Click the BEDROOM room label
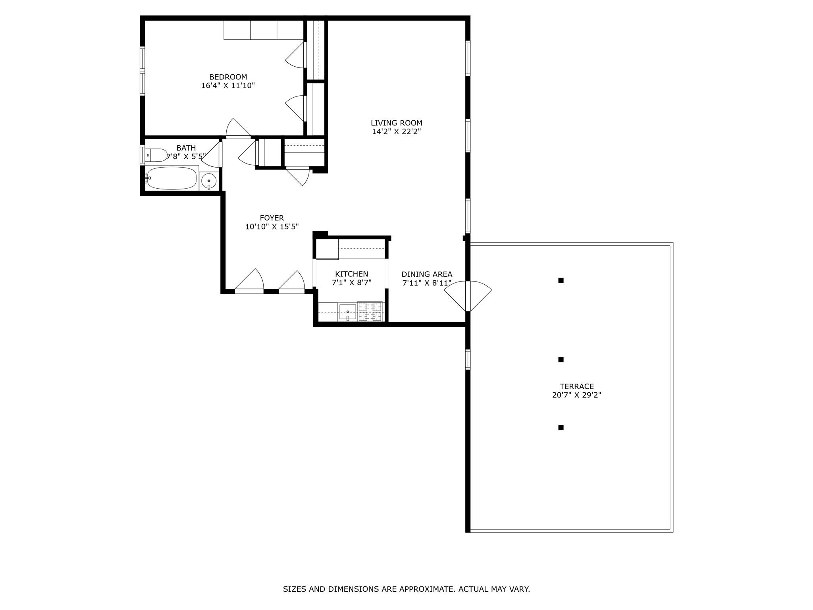(228, 77)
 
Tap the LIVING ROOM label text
(397, 123)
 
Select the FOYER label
(272, 218)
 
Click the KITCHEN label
(352, 274)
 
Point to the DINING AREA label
(427, 274)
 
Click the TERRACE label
(577, 386)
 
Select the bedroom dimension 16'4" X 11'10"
(228, 85)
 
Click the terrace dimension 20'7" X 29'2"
(577, 395)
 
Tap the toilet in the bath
(156, 155)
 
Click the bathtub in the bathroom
(171, 178)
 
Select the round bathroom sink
(209, 181)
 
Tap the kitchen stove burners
(370, 311)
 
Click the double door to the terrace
(468, 296)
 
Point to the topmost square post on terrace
(561, 280)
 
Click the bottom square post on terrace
(561, 427)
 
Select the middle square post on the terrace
(561, 360)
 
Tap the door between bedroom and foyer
(238, 128)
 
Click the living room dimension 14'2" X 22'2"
(397, 132)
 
